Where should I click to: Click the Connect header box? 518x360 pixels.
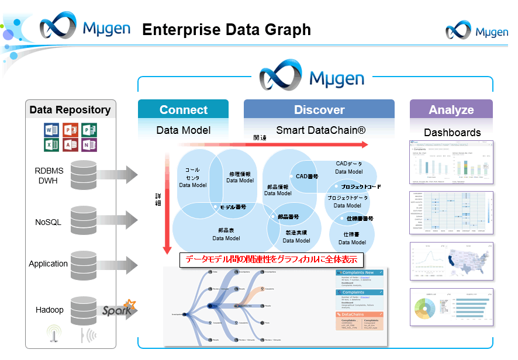183,110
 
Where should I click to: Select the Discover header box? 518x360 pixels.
319,110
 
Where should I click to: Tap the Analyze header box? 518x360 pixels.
451,110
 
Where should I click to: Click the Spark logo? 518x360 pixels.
119,310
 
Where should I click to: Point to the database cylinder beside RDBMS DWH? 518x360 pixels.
84,174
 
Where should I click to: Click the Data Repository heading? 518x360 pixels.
70,110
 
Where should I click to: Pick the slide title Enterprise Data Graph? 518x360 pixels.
226,29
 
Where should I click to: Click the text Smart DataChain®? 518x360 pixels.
320,130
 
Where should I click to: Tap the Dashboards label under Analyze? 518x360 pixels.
452,133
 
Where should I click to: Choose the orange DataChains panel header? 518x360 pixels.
360,314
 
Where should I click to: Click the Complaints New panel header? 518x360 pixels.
360,273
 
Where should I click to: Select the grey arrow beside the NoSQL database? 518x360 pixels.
118,220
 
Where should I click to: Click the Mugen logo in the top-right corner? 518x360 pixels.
476,32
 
